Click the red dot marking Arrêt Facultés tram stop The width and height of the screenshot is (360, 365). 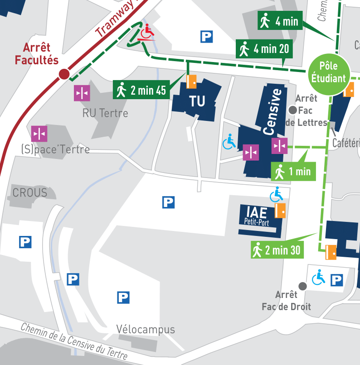click(64, 74)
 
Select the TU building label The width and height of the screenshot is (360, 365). click(197, 101)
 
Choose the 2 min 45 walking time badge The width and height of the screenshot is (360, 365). click(141, 90)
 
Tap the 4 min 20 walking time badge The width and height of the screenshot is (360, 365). click(264, 49)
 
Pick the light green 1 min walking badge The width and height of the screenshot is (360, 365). click(293, 171)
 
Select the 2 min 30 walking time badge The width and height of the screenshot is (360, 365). click(276, 250)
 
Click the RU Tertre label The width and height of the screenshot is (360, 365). click(105, 113)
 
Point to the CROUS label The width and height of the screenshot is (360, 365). click(30, 193)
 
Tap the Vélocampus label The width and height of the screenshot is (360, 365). click(145, 329)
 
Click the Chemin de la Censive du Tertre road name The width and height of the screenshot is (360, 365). click(74, 342)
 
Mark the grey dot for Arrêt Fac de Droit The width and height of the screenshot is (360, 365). click(303, 286)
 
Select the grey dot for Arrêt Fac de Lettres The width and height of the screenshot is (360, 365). click(293, 109)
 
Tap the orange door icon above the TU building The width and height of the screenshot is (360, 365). click(192, 82)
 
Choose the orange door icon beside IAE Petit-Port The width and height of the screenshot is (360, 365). click(280, 211)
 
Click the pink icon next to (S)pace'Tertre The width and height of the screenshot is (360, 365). click(39, 134)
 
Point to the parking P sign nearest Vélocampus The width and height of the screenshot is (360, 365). click(123, 298)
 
